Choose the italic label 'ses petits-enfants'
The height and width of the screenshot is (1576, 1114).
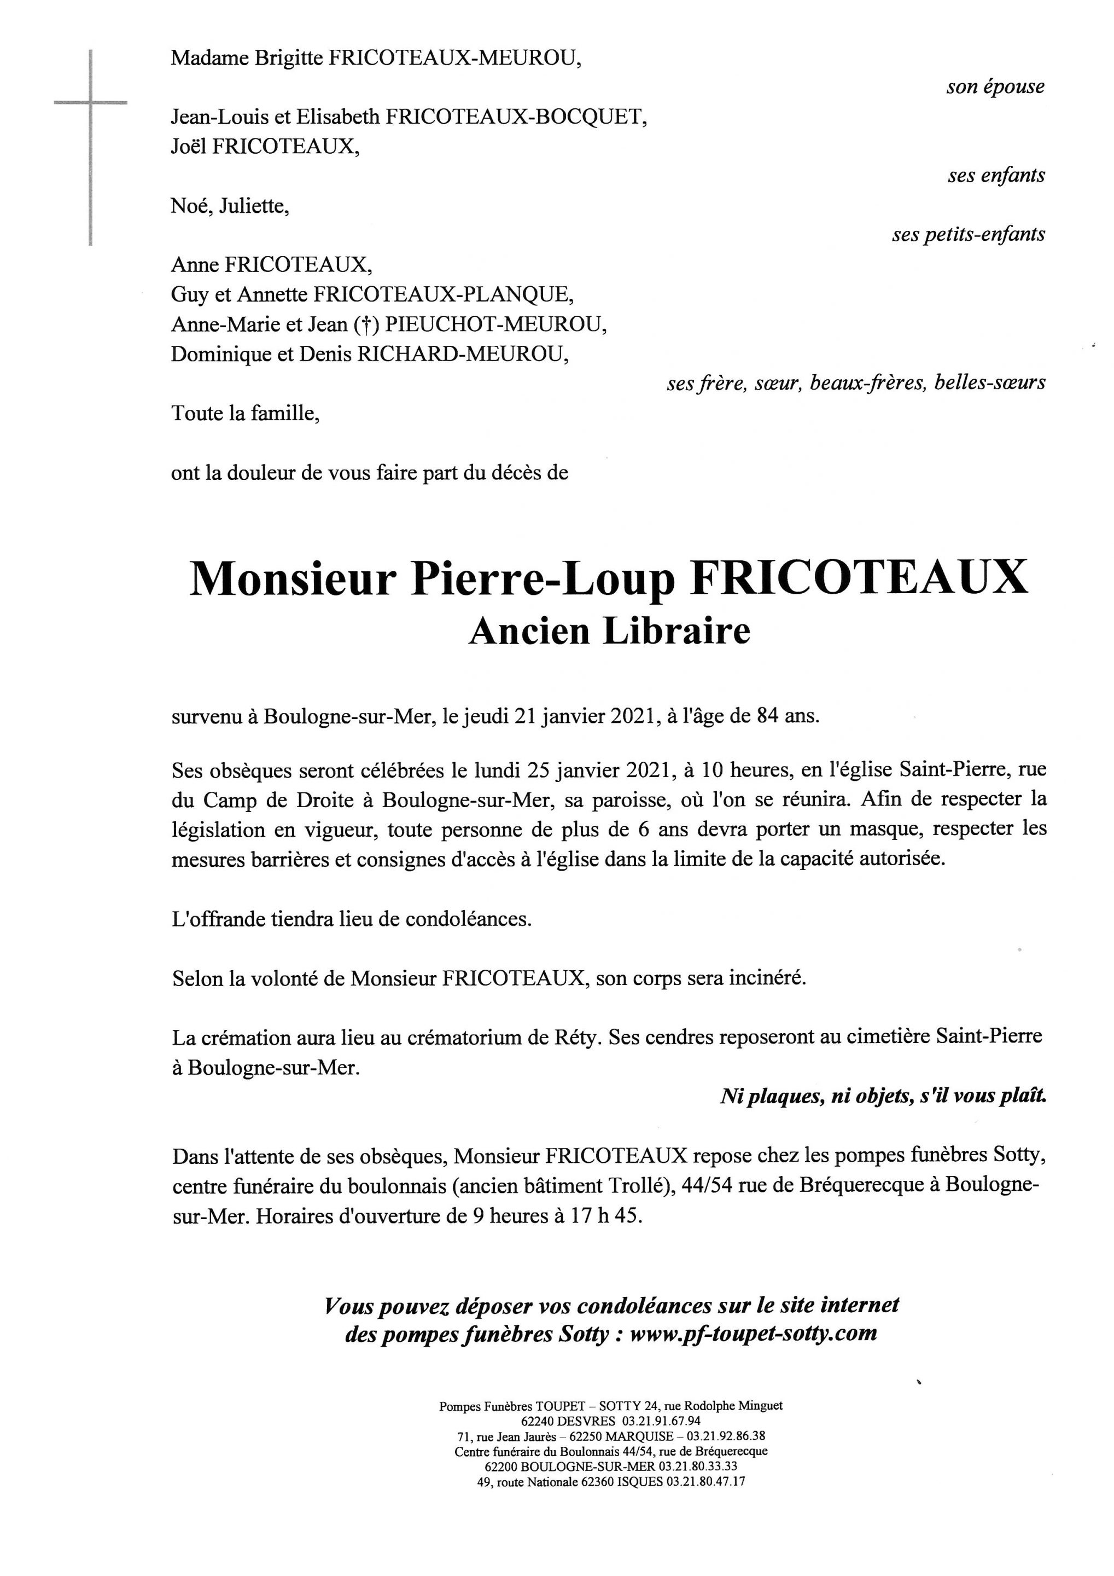(x=968, y=235)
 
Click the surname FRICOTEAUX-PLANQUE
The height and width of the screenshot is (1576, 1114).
(x=443, y=295)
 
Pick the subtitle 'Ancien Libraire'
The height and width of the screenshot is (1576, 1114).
(x=609, y=632)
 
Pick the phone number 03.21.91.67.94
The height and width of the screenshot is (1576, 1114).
(x=661, y=1421)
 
